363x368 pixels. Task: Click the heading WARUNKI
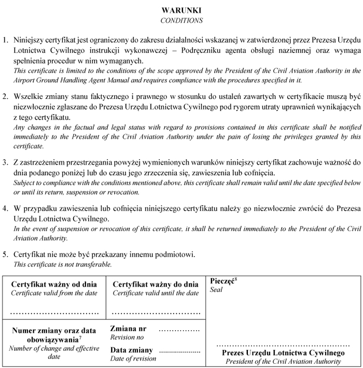coord(181,10)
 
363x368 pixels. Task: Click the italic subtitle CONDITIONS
coord(181,21)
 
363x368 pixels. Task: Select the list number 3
coord(6,162)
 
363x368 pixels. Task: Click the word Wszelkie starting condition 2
coord(29,96)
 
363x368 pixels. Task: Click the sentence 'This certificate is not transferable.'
coord(62,264)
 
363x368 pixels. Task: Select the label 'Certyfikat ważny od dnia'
coord(54,285)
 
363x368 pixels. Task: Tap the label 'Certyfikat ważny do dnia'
coord(156,285)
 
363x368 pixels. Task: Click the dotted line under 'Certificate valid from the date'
coord(54,313)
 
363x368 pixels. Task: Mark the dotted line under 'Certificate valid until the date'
coord(156,313)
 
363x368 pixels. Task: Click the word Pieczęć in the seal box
coord(222,281)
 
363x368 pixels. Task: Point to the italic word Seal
coord(216,290)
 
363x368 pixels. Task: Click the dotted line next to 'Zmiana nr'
coord(179,330)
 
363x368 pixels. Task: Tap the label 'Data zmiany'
coord(132,350)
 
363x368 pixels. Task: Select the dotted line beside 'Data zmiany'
coord(180,352)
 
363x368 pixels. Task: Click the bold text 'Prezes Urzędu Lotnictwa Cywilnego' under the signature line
coord(283,353)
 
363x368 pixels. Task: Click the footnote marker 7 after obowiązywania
coord(80,338)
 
